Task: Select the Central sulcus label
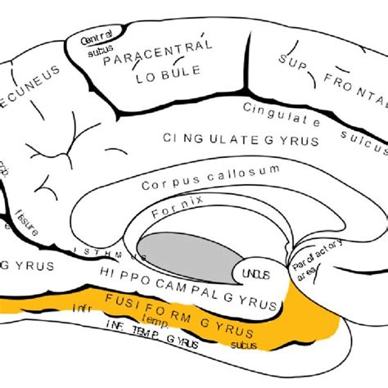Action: pos(97,45)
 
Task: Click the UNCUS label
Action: pos(250,273)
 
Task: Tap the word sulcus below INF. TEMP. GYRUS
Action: pos(243,345)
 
